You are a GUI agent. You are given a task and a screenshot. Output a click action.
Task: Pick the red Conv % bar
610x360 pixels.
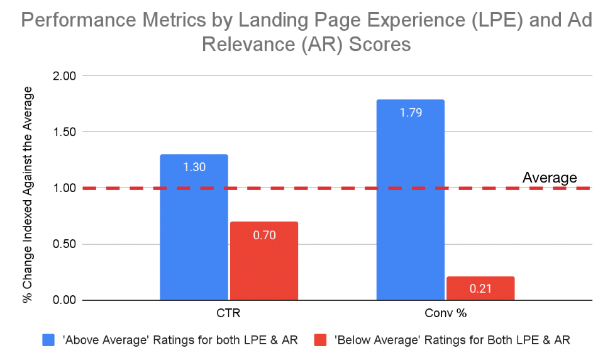[x=480, y=288]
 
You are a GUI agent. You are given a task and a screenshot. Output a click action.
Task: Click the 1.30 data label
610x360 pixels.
[x=194, y=168]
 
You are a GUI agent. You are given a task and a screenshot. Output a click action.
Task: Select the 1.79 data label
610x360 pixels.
[x=410, y=113]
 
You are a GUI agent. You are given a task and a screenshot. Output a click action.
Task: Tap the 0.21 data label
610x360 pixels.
[x=480, y=290]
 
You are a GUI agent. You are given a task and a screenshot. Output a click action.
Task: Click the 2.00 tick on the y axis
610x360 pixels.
[x=62, y=76]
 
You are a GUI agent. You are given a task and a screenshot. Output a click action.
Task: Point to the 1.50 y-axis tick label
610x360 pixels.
[x=62, y=132]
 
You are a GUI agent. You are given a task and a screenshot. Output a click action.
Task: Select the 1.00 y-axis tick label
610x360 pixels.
[x=62, y=188]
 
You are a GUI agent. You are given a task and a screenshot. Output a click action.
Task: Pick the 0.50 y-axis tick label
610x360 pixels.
[x=62, y=244]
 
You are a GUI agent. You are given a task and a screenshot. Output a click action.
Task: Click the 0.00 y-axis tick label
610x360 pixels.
[x=62, y=300]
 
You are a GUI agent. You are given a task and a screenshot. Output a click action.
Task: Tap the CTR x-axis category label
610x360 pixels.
[x=229, y=313]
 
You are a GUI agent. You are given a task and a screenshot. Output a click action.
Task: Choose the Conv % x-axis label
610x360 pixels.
[x=445, y=313]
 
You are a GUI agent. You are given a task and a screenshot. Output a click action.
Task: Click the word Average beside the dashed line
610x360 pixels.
[x=549, y=178]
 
